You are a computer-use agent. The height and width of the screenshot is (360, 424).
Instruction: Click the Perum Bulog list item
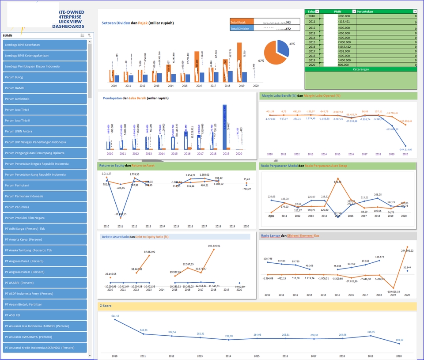coord(44,77)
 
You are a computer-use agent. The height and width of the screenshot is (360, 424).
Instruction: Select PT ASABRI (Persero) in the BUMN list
coord(44,283)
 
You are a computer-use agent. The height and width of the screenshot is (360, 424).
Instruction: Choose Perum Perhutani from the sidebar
coord(44,186)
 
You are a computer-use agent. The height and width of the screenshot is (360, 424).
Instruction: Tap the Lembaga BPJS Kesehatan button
coord(44,45)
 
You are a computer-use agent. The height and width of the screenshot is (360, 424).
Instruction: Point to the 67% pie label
coord(261,61)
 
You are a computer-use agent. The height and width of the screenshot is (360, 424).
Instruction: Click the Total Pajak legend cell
coord(242,22)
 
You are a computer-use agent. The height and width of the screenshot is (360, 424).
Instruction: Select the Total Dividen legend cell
coord(242,29)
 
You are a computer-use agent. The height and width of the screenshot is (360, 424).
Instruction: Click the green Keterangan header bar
coord(361,69)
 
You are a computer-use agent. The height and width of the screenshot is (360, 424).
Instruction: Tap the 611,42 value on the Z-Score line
coord(115,316)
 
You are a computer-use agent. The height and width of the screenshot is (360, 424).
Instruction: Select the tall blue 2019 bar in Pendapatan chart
coord(225,128)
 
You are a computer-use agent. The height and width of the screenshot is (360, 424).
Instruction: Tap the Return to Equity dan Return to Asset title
coord(127,166)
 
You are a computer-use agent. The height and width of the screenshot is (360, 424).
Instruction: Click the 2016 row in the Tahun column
coord(312,46)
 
